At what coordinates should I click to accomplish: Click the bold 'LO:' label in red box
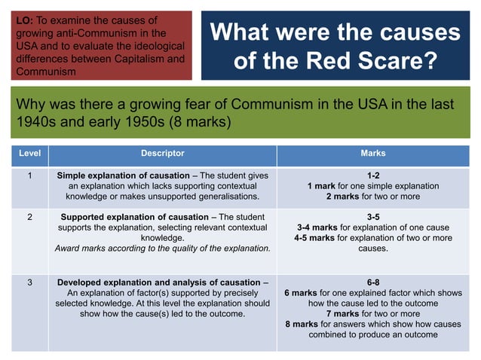[24, 19]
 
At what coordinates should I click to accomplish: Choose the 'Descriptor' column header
[162, 154]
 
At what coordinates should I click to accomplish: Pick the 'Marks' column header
[372, 154]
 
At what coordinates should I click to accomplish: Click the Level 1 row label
[29, 175]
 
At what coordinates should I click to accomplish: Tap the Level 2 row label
[29, 217]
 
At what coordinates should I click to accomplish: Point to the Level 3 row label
[29, 283]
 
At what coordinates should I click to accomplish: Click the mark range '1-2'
[372, 175]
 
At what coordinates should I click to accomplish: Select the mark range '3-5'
[372, 217]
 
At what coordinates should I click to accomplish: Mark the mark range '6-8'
[372, 283]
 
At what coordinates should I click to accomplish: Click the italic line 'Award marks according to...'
[162, 249]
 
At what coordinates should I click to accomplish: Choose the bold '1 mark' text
[325, 185]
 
